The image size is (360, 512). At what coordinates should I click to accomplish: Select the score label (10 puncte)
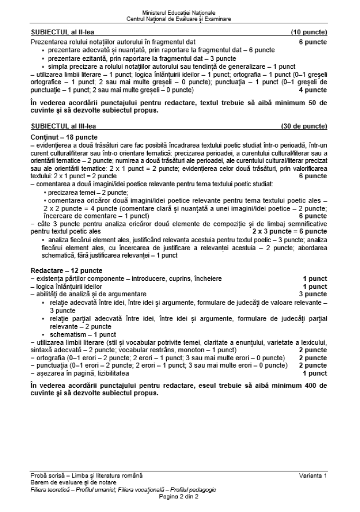(x=309, y=32)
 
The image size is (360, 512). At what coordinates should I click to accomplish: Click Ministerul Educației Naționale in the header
(x=179, y=12)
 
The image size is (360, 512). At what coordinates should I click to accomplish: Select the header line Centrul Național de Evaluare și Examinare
(x=179, y=19)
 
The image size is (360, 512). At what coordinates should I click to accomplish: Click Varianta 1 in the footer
(x=313, y=476)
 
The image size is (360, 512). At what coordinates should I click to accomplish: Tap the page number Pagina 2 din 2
(x=179, y=497)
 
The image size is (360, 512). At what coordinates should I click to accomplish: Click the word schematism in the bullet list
(x=67, y=334)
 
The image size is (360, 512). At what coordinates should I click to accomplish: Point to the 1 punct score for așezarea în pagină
(x=315, y=372)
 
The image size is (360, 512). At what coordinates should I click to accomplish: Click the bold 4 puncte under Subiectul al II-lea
(x=313, y=90)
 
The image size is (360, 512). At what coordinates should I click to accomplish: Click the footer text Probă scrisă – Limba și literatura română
(x=86, y=476)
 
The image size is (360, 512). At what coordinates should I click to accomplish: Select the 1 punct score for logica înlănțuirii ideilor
(x=315, y=286)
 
